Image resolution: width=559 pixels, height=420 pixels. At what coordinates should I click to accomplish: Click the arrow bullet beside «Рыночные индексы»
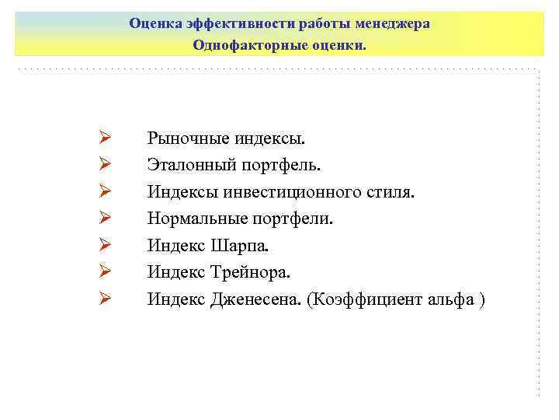point(106,139)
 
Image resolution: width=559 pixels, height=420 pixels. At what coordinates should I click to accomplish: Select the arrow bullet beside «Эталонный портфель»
point(106,166)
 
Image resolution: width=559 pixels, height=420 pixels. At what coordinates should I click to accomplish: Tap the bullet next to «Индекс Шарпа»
point(106,245)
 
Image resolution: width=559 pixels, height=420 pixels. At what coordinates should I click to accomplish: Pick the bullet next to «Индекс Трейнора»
point(106,271)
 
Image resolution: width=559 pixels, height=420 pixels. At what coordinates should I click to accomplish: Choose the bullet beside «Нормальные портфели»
point(106,219)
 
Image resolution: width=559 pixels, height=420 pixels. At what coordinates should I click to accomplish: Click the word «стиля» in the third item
point(387,192)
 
